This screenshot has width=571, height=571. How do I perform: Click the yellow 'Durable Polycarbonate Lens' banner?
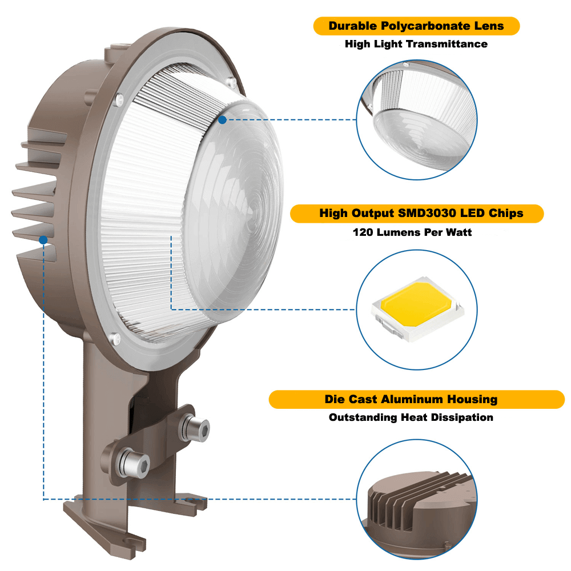[416, 26]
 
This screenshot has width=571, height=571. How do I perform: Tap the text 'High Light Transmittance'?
[416, 44]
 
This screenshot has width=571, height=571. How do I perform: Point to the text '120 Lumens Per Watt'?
[412, 232]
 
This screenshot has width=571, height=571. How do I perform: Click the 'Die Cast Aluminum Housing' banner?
[416, 400]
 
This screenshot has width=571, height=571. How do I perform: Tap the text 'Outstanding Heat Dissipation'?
[411, 417]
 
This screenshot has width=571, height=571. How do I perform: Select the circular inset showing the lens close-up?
[417, 119]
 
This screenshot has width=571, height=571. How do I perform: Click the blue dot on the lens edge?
[222, 119]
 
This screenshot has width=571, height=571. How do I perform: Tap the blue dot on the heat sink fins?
[43, 240]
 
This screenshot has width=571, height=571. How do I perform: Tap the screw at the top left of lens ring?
[120, 98]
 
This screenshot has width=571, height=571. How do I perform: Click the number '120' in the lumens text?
[363, 232]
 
